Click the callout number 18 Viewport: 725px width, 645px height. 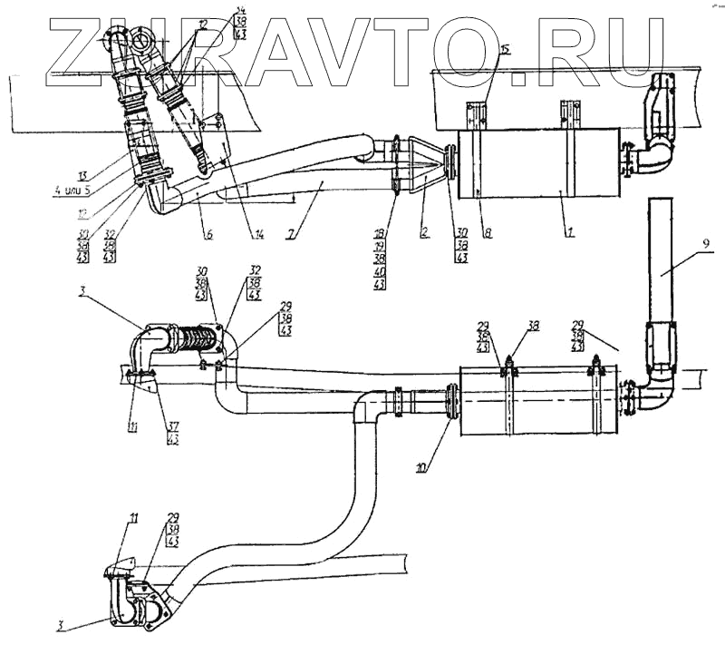(x=379, y=234)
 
